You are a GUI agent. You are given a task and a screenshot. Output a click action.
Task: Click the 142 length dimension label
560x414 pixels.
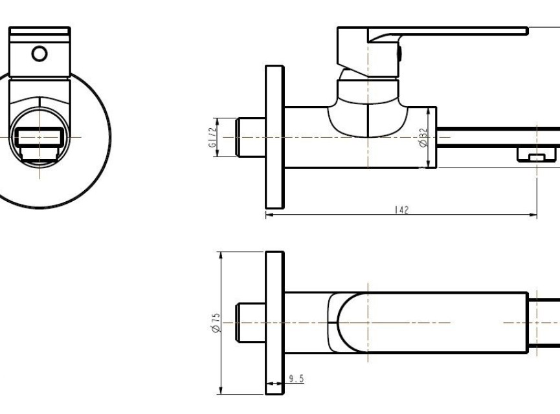401,210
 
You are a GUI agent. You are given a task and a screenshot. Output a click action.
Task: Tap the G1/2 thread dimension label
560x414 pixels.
212,137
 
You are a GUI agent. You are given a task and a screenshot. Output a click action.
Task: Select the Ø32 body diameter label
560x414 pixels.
423,137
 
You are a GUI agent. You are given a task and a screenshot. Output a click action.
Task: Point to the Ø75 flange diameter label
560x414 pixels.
216,323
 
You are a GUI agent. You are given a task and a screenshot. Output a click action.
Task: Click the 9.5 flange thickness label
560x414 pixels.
297,378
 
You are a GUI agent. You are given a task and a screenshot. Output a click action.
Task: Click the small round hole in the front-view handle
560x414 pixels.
39,54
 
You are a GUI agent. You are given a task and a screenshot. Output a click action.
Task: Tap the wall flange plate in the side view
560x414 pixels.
274,137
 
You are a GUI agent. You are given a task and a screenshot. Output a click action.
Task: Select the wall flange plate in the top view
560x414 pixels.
274,323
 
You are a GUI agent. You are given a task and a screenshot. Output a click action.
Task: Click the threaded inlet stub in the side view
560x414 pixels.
251,137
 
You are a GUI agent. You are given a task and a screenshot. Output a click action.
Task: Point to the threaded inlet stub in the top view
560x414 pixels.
251,323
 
